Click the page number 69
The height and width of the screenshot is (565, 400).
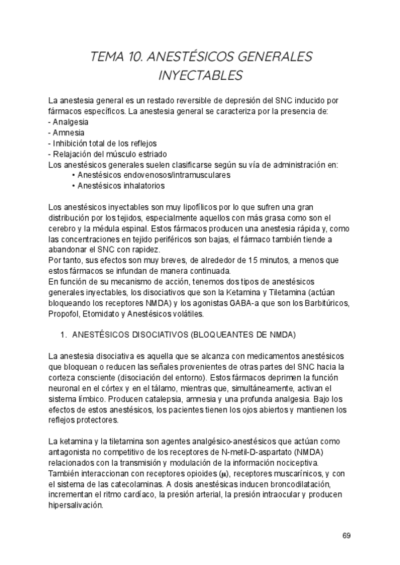click(346, 535)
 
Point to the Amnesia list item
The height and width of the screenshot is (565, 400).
click(69, 133)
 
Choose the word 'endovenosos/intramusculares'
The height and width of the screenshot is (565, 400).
click(177, 175)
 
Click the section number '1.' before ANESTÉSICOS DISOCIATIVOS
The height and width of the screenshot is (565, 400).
click(64, 333)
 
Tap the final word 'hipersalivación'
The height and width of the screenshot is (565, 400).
click(76, 505)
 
